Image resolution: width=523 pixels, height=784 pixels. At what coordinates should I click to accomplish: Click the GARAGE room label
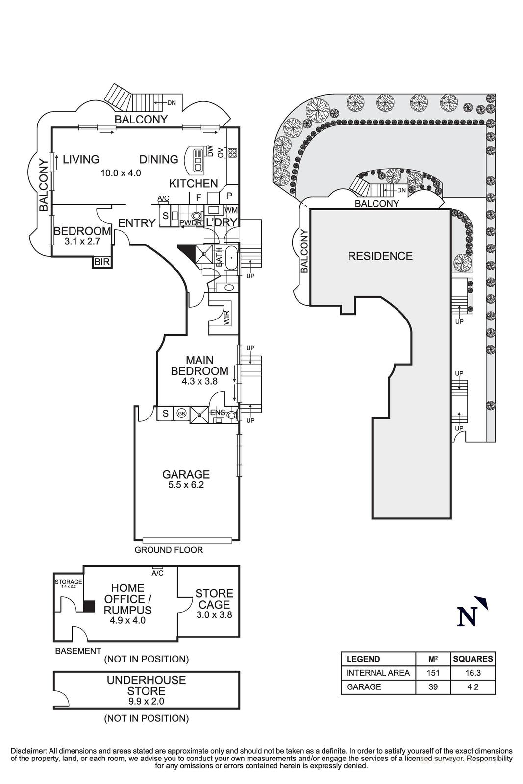click(x=186, y=474)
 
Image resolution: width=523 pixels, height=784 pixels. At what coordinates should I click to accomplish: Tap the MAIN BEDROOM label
click(x=199, y=365)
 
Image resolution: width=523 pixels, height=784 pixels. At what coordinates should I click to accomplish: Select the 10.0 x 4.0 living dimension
click(x=121, y=173)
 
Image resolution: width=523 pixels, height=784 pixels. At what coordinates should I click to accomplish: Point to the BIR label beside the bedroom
click(x=102, y=262)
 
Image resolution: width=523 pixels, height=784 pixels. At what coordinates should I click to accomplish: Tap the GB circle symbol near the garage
click(x=181, y=414)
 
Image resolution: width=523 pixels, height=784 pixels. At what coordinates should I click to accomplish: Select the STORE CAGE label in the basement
click(x=214, y=599)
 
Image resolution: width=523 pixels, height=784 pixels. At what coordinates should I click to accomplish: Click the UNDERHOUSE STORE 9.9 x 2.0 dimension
click(x=146, y=701)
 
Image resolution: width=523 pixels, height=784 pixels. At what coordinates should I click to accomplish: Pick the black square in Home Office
click(x=89, y=606)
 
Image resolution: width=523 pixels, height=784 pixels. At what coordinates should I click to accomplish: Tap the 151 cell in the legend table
click(x=433, y=673)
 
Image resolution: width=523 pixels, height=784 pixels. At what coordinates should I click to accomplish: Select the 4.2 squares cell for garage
click(x=473, y=687)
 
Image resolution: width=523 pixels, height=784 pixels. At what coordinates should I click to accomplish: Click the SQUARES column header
click(x=473, y=659)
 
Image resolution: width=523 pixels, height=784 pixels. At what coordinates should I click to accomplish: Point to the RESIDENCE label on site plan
click(x=380, y=256)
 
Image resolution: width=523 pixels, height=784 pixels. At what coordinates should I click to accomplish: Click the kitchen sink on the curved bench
click(x=198, y=160)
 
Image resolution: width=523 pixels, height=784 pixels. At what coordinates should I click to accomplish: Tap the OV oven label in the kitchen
click(x=221, y=153)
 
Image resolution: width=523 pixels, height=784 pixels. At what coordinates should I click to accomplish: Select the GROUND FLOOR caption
click(x=169, y=550)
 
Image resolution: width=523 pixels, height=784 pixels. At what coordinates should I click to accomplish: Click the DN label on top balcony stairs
click(x=172, y=103)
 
